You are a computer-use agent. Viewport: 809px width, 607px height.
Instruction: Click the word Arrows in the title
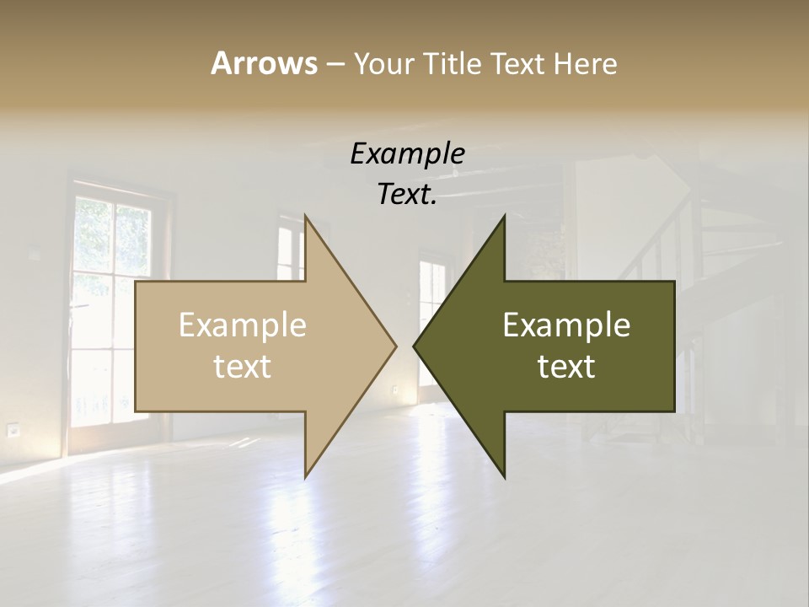point(263,63)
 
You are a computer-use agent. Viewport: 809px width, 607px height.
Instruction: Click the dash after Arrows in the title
point(335,65)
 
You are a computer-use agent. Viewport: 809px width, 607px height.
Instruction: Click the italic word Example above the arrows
point(407,154)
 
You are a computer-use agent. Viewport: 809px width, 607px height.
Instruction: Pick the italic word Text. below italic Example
point(407,195)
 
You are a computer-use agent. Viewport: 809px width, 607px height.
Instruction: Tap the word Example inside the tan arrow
point(242,325)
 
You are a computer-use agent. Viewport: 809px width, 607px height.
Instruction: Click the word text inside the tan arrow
point(242,367)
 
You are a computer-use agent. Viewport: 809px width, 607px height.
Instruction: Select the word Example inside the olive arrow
point(566,325)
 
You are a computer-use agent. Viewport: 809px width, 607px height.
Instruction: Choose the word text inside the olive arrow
point(566,367)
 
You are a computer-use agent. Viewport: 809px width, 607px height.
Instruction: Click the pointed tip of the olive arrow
point(415,346)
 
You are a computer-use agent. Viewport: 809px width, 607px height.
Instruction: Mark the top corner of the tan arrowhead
point(306,217)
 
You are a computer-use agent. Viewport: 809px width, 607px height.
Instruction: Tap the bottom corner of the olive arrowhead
point(504,476)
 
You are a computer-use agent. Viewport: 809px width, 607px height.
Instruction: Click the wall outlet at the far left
point(13,430)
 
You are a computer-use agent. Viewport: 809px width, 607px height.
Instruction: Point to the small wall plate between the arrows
point(394,389)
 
